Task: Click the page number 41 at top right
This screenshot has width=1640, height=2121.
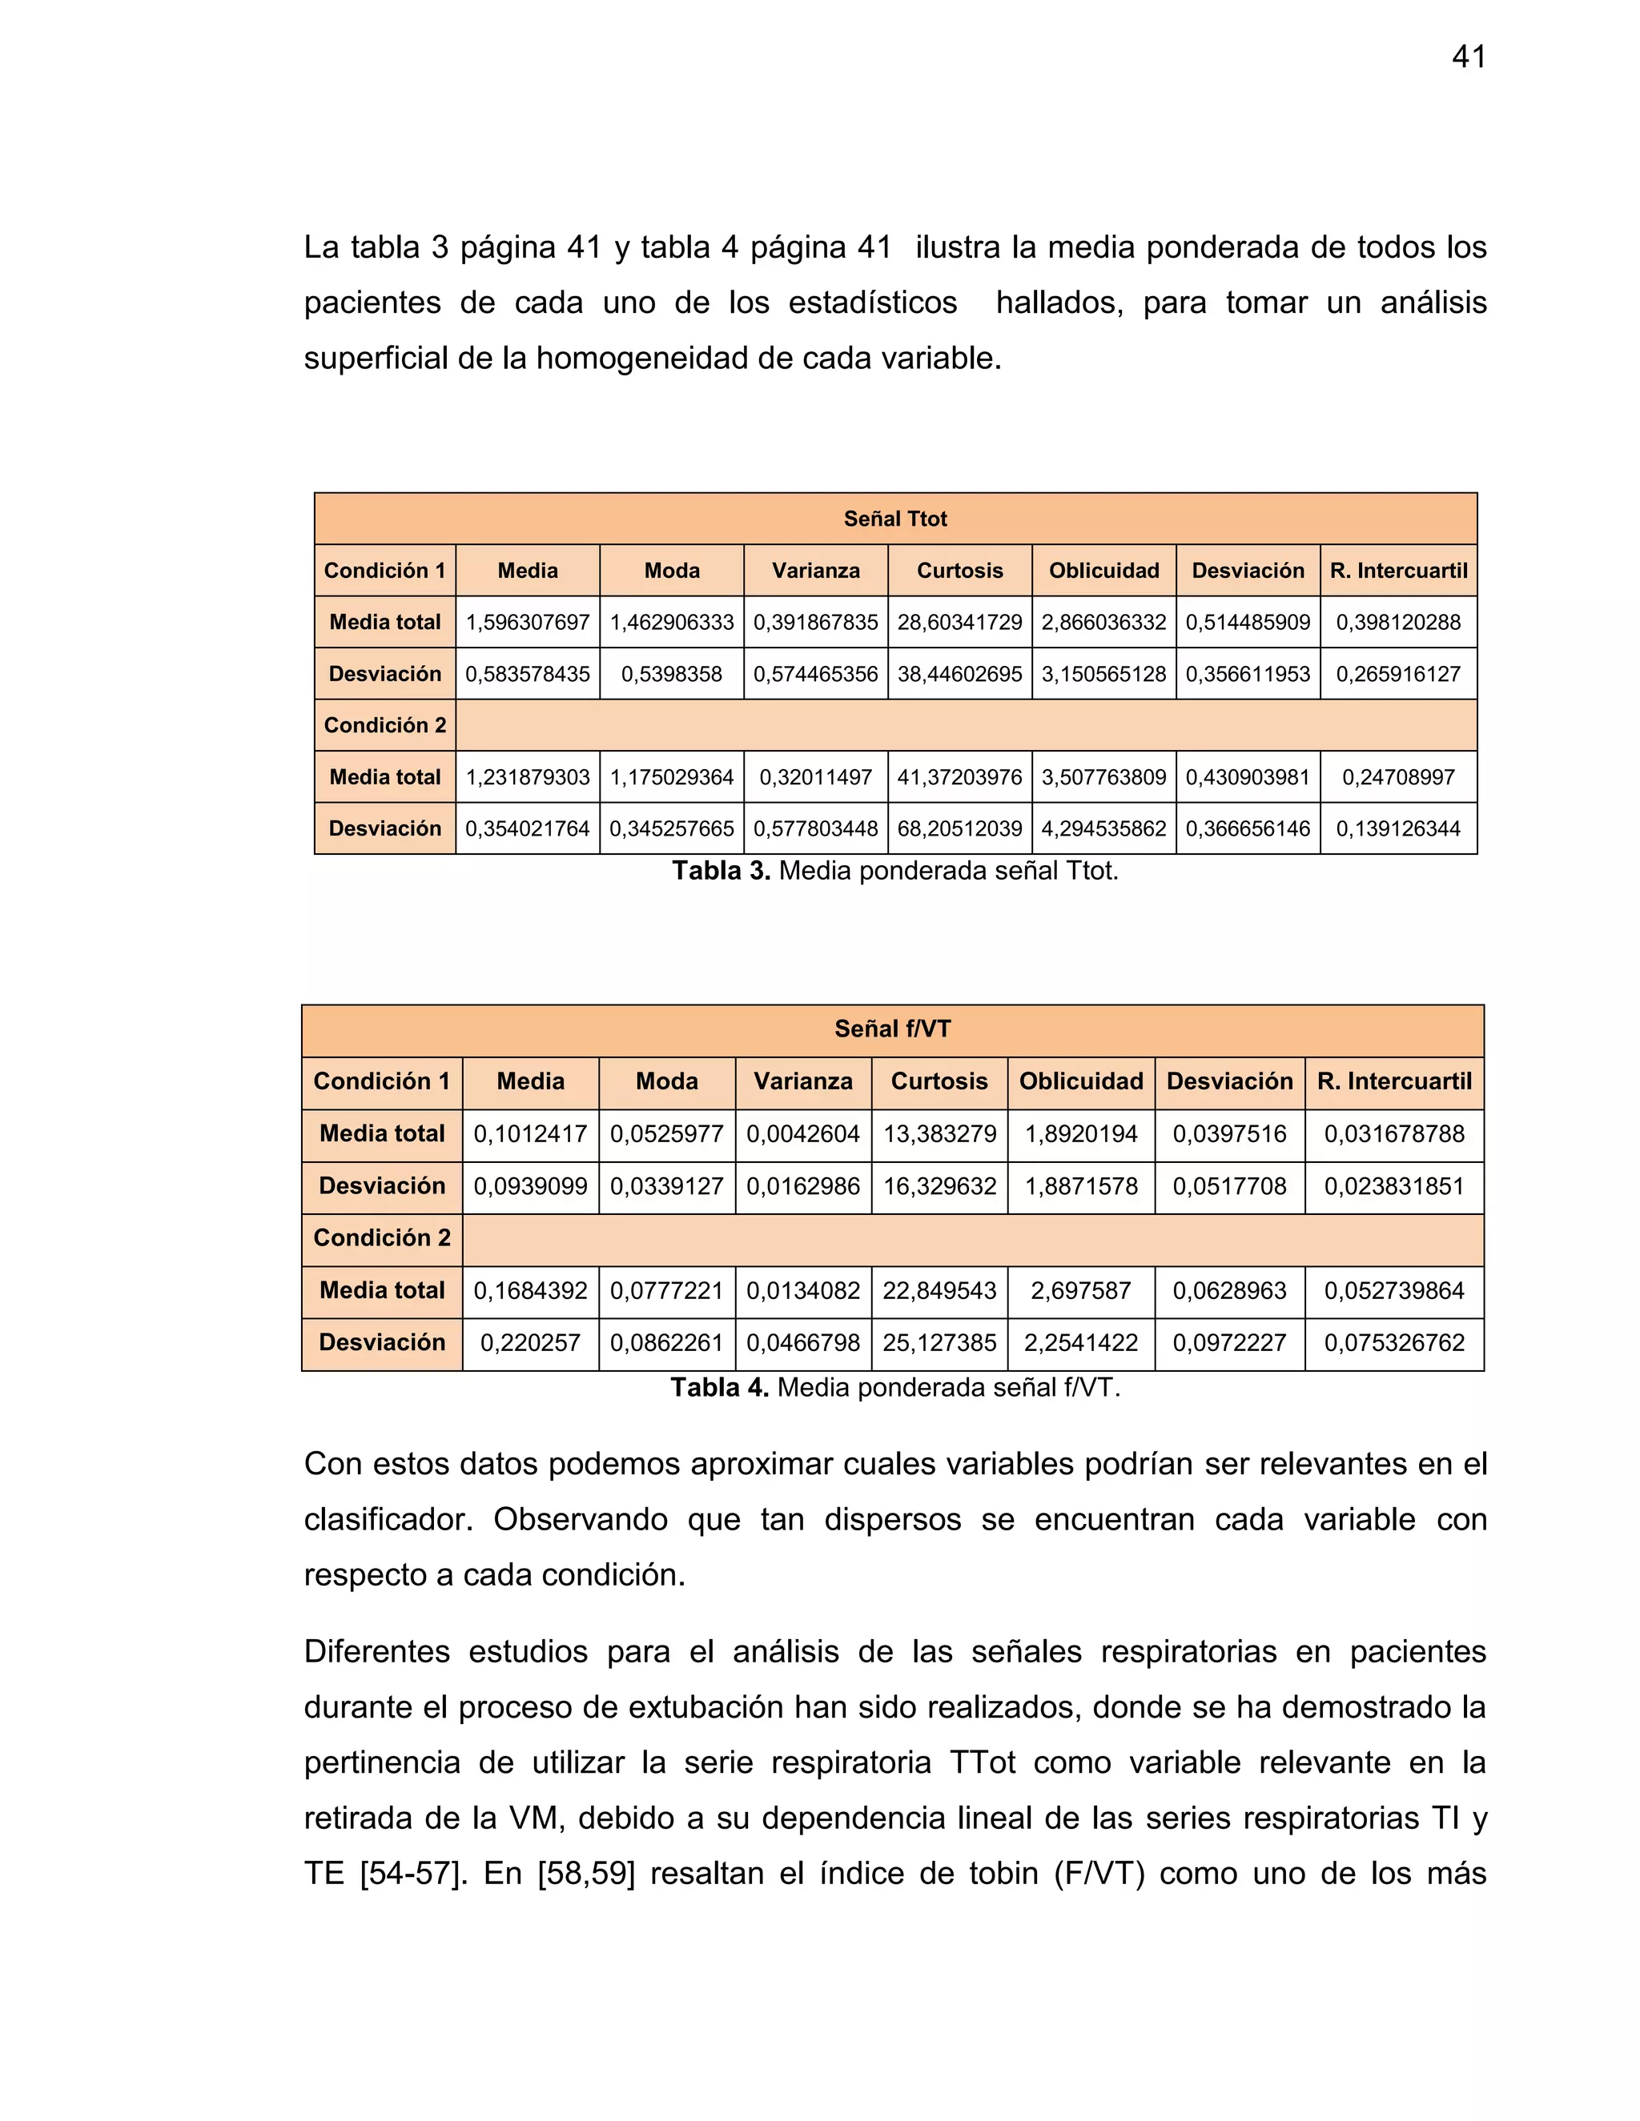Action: [x=1468, y=58]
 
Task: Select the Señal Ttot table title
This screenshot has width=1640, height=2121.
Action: [x=894, y=519]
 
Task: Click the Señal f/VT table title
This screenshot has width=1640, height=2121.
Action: [x=892, y=1029]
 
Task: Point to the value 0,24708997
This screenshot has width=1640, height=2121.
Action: [x=1398, y=777]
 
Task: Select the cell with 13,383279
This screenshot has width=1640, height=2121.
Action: [x=939, y=1133]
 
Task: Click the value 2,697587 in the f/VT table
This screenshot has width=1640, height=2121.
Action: [x=1080, y=1291]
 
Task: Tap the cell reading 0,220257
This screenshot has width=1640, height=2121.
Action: [x=529, y=1343]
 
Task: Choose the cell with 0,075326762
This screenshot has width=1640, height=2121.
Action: [x=1393, y=1343]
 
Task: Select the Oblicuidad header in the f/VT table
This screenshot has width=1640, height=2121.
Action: [x=1080, y=1082]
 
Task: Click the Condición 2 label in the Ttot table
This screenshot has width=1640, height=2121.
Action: [x=384, y=725]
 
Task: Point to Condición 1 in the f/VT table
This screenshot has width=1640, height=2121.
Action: [x=381, y=1082]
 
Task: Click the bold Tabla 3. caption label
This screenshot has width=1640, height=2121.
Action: [x=721, y=871]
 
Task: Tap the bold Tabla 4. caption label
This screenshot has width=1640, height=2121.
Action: [x=719, y=1388]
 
